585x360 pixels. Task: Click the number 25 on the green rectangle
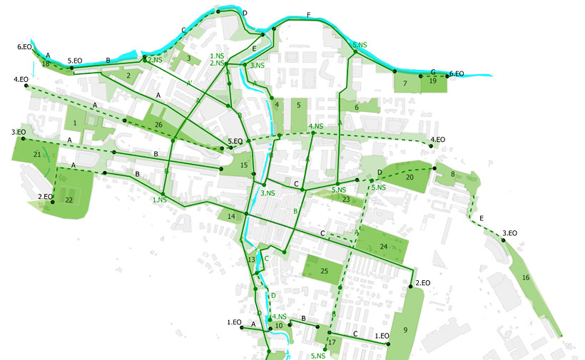(x=323, y=271)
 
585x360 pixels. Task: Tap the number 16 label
(x=526, y=277)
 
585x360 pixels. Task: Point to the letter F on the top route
(x=308, y=15)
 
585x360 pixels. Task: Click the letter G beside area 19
(x=433, y=72)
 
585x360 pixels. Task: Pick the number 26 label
(x=158, y=125)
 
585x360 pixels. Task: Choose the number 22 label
(x=69, y=200)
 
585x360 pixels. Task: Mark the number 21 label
(x=36, y=154)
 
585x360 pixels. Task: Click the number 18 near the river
(x=45, y=64)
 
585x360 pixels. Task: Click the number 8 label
(x=452, y=174)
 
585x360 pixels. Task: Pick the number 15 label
(x=244, y=166)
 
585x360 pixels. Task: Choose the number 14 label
(x=231, y=216)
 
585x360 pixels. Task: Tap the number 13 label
(x=250, y=260)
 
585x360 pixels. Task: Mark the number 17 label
(x=331, y=343)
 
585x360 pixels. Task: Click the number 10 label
(x=279, y=326)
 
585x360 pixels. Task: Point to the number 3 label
(x=188, y=58)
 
